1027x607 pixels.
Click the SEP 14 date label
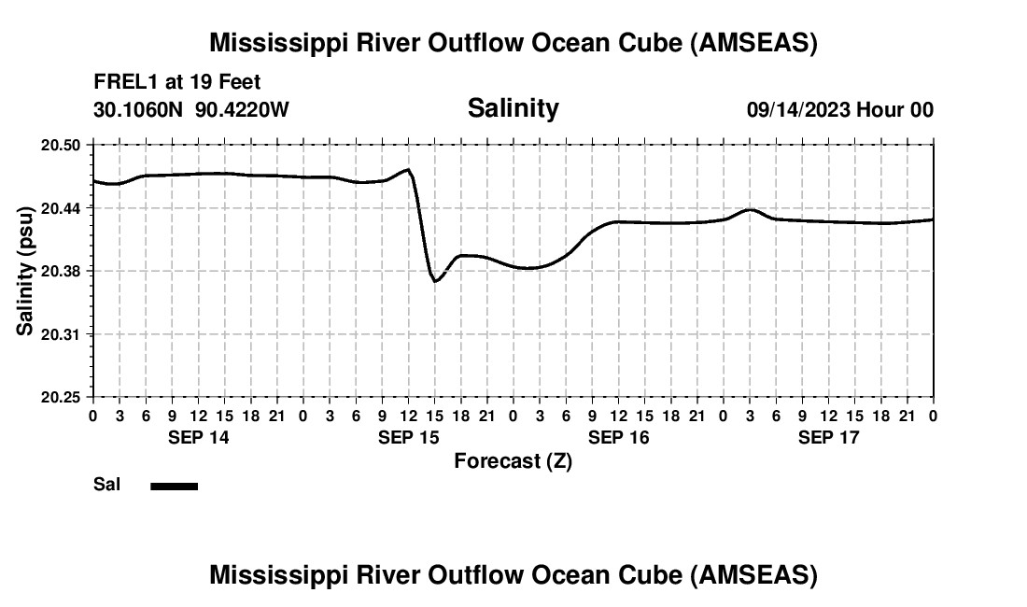[x=198, y=437]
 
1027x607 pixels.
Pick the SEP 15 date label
[x=408, y=437]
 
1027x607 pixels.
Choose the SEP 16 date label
[x=618, y=437]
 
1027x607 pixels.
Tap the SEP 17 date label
[x=828, y=437]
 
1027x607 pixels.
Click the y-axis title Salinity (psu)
[x=25, y=271]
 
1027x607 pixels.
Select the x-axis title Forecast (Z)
[x=513, y=460]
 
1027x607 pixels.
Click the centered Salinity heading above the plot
[x=513, y=108]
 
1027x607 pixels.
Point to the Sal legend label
[x=107, y=485]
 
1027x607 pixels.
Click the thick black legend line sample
[x=174, y=486]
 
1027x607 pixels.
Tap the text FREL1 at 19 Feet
[x=176, y=82]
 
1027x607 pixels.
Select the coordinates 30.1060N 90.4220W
[x=191, y=109]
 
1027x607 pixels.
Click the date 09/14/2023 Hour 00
[x=839, y=110]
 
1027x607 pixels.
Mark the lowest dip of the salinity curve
[x=435, y=281]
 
